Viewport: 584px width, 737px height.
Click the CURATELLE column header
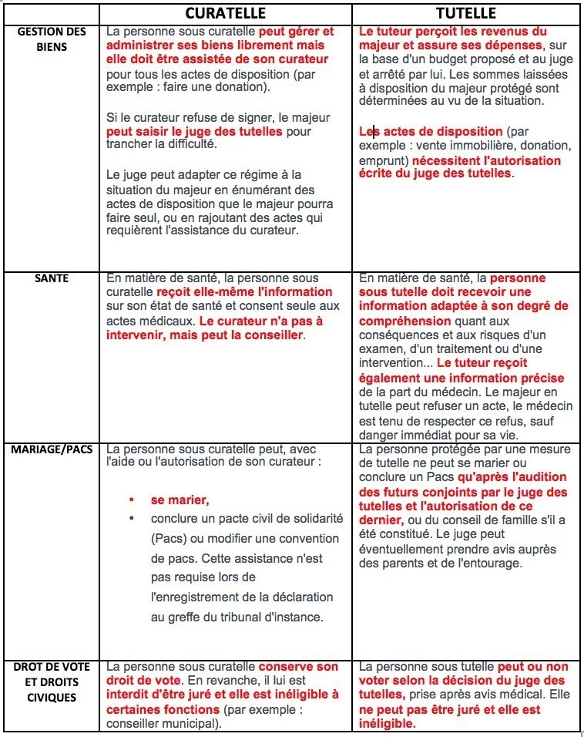pyautogui.click(x=226, y=14)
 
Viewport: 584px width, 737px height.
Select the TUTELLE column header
pyautogui.click(x=465, y=14)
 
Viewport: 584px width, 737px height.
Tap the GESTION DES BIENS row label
pyautogui.click(x=52, y=39)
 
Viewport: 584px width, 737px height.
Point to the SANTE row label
pyautogui.click(x=52, y=278)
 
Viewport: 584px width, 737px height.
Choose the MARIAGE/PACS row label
pyautogui.click(x=52, y=449)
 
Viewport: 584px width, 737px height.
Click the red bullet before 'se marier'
pyautogui.click(x=132, y=500)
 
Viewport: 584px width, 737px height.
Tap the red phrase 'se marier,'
pyautogui.click(x=180, y=500)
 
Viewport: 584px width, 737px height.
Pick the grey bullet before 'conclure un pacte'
pyautogui.click(x=132, y=518)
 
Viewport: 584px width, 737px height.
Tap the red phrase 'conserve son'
pyautogui.click(x=298, y=667)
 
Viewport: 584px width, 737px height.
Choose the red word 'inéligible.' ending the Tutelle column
pyautogui.click(x=388, y=723)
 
